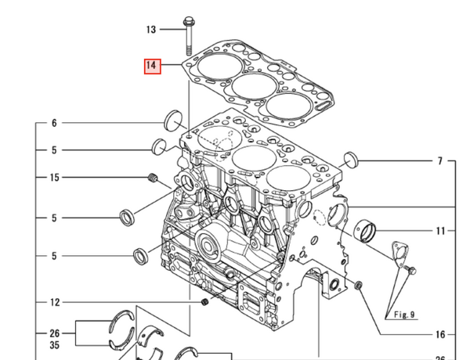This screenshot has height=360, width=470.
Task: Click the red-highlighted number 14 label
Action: [x=151, y=67]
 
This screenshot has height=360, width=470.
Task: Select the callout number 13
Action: [x=151, y=30]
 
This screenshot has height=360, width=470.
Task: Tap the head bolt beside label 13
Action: [x=190, y=32]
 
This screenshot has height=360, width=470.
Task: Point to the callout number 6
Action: [x=54, y=123]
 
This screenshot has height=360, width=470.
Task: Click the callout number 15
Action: [x=54, y=178]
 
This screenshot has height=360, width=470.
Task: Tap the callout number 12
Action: [x=54, y=302]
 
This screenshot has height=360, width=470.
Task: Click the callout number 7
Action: [x=440, y=161]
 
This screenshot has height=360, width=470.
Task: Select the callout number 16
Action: [x=440, y=334]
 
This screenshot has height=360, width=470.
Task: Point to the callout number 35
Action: [x=54, y=344]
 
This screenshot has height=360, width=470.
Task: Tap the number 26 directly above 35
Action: [x=54, y=332]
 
